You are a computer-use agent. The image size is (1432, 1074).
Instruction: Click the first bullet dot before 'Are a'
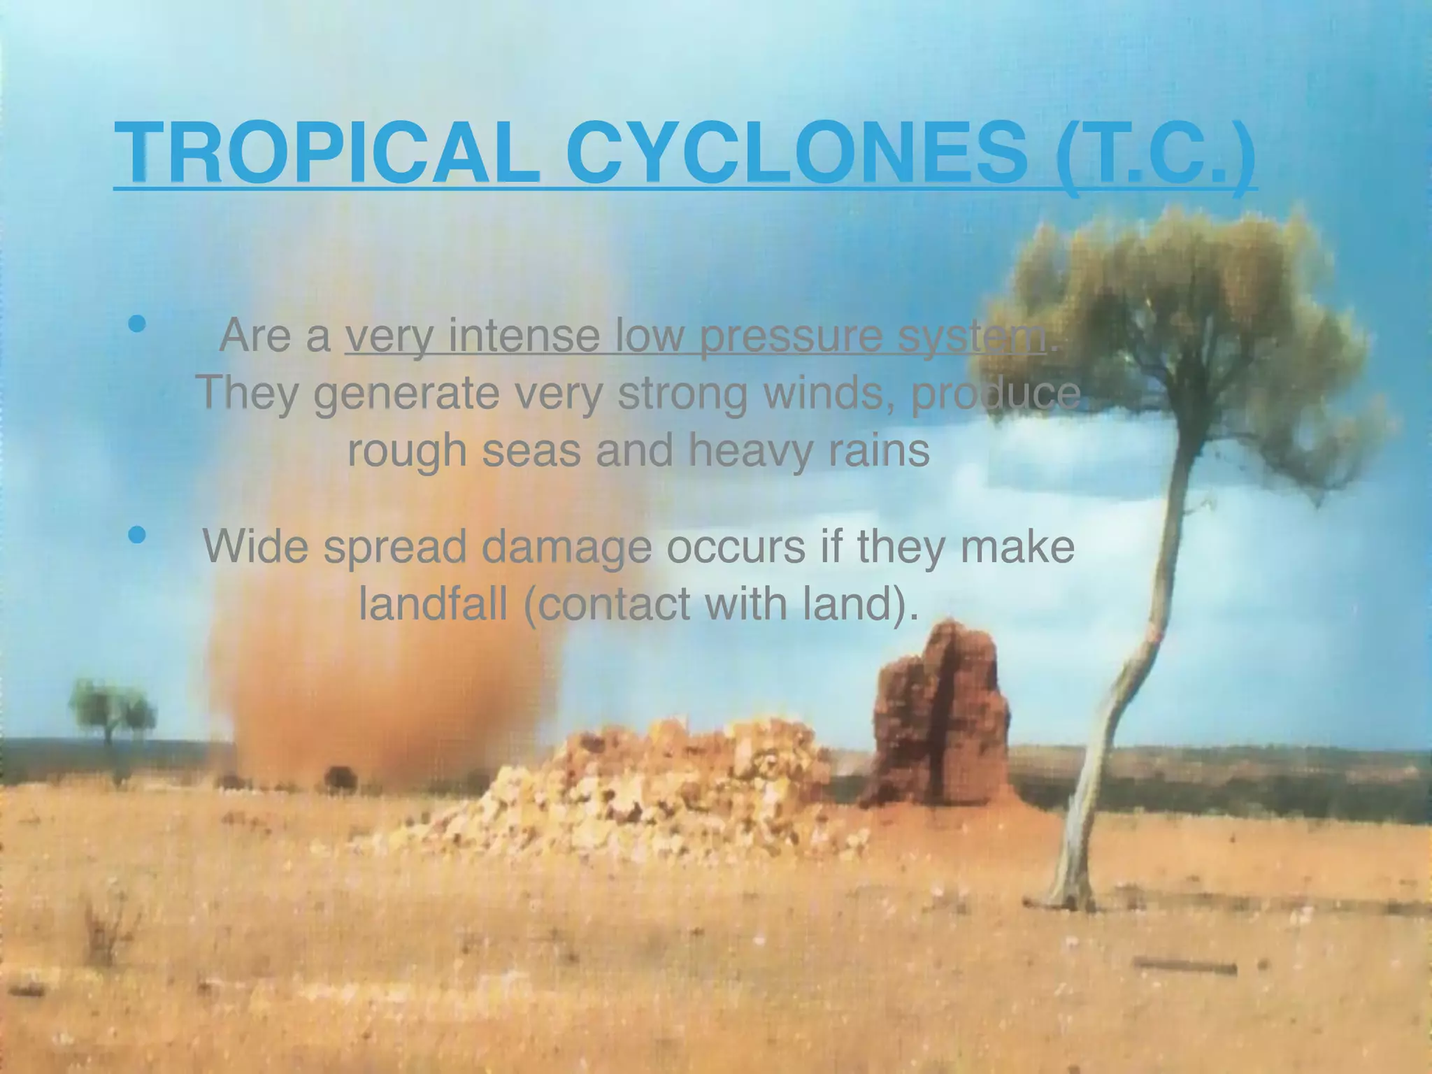point(137,324)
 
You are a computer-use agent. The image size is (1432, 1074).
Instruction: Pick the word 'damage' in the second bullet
point(566,548)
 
